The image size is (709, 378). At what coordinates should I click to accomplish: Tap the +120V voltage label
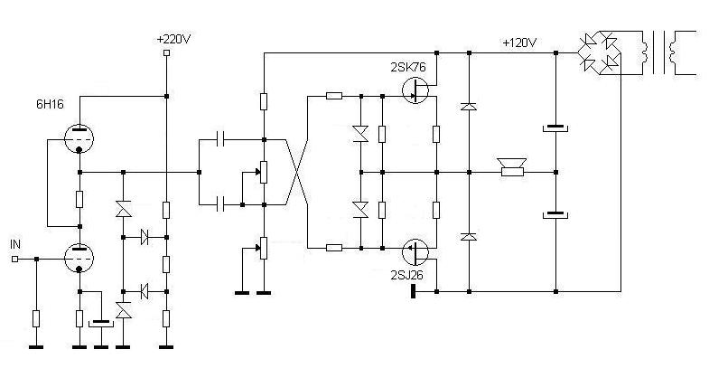[x=520, y=43]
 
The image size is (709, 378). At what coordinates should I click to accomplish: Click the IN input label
[x=14, y=244]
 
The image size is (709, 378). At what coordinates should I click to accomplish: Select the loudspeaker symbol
[x=512, y=168]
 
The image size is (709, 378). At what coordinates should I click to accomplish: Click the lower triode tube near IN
[x=79, y=259]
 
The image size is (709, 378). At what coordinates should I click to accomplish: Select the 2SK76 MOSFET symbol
[x=416, y=91]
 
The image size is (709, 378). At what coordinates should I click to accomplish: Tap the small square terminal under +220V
[x=166, y=53]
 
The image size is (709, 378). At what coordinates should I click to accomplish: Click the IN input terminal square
[x=14, y=259]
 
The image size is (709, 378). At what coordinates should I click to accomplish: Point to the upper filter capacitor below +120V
[x=555, y=128]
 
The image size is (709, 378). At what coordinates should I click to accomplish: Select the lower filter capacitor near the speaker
[x=555, y=215]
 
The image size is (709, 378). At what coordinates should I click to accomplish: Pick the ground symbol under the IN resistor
[x=36, y=345]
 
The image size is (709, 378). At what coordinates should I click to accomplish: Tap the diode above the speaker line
[x=469, y=107]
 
